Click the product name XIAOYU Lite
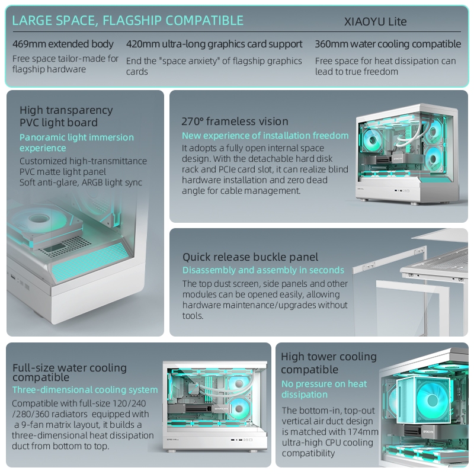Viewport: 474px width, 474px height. coord(376,22)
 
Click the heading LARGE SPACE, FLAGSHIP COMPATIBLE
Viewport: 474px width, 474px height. coord(127,21)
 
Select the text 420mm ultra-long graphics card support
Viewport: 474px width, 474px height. coord(214,44)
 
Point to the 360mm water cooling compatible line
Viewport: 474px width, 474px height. coord(387,44)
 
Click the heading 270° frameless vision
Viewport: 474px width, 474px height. coord(235,121)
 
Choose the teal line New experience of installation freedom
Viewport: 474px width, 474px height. coord(265,136)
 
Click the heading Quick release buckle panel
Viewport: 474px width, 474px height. coord(250,257)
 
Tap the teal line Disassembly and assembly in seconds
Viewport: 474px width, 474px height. coord(263,270)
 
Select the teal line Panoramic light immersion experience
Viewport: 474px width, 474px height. coord(76,142)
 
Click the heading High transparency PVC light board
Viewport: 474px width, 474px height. coord(66,116)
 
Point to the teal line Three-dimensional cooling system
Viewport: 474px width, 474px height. coord(85,390)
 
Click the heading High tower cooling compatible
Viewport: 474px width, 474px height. coord(328,363)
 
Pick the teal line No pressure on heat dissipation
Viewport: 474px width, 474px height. coord(324,389)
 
